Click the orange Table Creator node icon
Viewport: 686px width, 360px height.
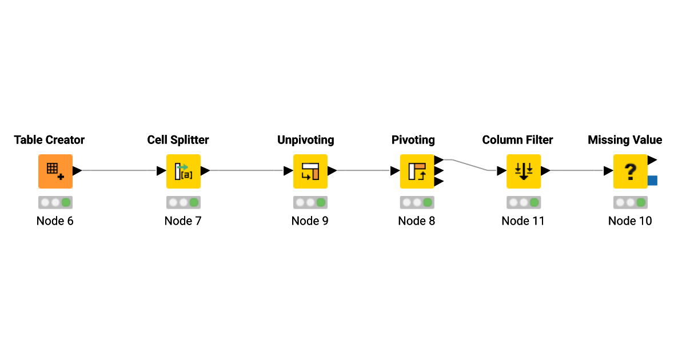point(55,171)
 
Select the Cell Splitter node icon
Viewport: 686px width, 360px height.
point(184,171)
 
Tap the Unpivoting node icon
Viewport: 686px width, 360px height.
point(310,171)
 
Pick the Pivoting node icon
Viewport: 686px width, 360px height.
point(417,171)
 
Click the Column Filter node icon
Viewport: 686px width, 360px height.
point(524,171)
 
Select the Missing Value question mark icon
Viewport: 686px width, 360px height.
point(630,171)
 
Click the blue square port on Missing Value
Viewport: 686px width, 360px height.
point(653,181)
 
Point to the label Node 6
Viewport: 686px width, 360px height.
point(55,221)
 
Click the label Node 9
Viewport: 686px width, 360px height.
point(310,221)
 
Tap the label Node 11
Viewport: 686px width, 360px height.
point(523,221)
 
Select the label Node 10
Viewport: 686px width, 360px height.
point(630,221)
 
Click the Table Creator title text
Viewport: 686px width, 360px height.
point(49,140)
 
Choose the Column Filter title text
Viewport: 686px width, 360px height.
point(517,140)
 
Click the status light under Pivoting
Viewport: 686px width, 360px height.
point(417,202)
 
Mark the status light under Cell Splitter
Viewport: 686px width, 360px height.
point(184,202)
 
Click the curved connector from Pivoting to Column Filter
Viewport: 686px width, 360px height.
point(469,165)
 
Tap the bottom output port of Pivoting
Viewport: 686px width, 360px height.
point(439,182)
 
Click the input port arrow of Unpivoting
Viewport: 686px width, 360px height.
point(289,171)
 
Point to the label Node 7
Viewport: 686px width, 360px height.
point(183,221)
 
